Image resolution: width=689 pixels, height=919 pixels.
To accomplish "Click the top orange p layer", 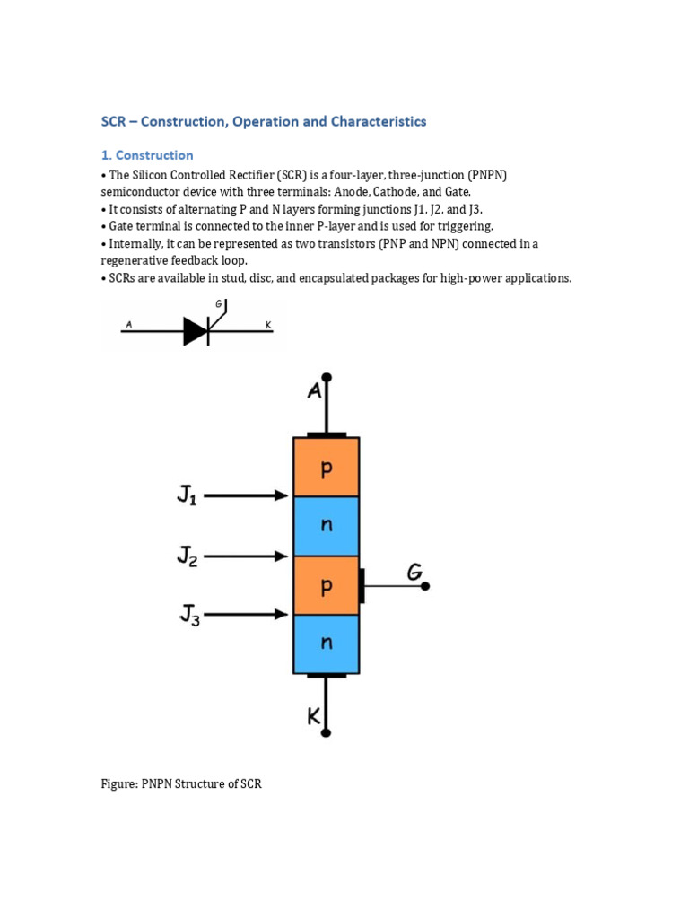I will tap(327, 467).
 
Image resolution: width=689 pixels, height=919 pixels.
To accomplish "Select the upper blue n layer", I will tap(327, 526).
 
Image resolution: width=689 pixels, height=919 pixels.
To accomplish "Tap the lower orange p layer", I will tap(327, 585).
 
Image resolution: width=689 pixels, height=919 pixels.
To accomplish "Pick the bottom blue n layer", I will tap(327, 643).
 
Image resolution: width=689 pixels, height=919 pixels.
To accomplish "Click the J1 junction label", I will tap(187, 495).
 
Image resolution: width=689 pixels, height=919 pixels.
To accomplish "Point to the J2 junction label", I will tap(187, 557).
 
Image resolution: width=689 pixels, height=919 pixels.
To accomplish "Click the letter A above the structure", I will tap(314, 391).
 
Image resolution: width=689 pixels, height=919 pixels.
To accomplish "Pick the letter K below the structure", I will tap(315, 717).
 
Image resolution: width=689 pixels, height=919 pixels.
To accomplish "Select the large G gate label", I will tap(415, 571).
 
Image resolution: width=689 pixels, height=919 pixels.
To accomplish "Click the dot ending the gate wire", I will tap(425, 586).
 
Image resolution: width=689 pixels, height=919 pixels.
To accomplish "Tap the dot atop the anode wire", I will tap(327, 378).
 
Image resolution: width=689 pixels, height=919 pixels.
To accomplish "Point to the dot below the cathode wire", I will tap(327, 732).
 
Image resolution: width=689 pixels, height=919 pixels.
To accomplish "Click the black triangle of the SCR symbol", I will tap(195, 331).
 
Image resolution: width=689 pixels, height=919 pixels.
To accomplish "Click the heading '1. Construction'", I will tap(147, 155).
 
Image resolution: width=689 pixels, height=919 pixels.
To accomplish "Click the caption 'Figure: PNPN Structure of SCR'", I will tap(181, 783).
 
